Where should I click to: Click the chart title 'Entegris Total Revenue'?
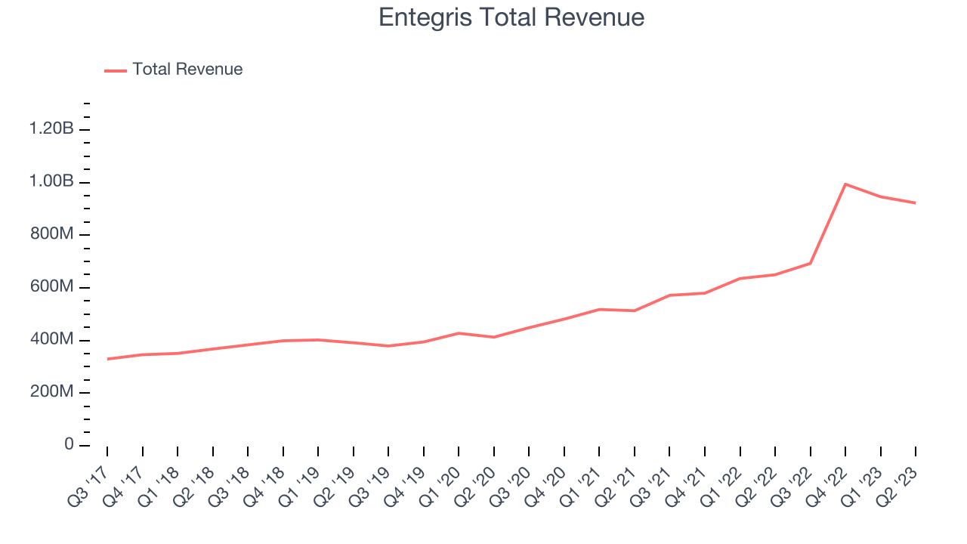coord(511,17)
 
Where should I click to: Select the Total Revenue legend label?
coord(187,70)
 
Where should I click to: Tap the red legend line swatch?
coord(116,70)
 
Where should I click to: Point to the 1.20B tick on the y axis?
coord(51,129)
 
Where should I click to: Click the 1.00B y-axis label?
coord(51,182)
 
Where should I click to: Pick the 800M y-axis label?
coord(51,234)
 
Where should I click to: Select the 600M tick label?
coord(51,287)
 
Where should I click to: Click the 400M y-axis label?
coord(51,340)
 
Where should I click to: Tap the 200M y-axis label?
coord(51,392)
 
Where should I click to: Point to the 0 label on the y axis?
coord(69,445)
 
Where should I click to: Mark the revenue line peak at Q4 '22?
coord(845,184)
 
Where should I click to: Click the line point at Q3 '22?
coord(811,263)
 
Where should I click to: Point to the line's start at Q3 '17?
coord(107,359)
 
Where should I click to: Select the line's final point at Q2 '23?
coord(916,202)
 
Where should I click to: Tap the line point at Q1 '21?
coord(599,309)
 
